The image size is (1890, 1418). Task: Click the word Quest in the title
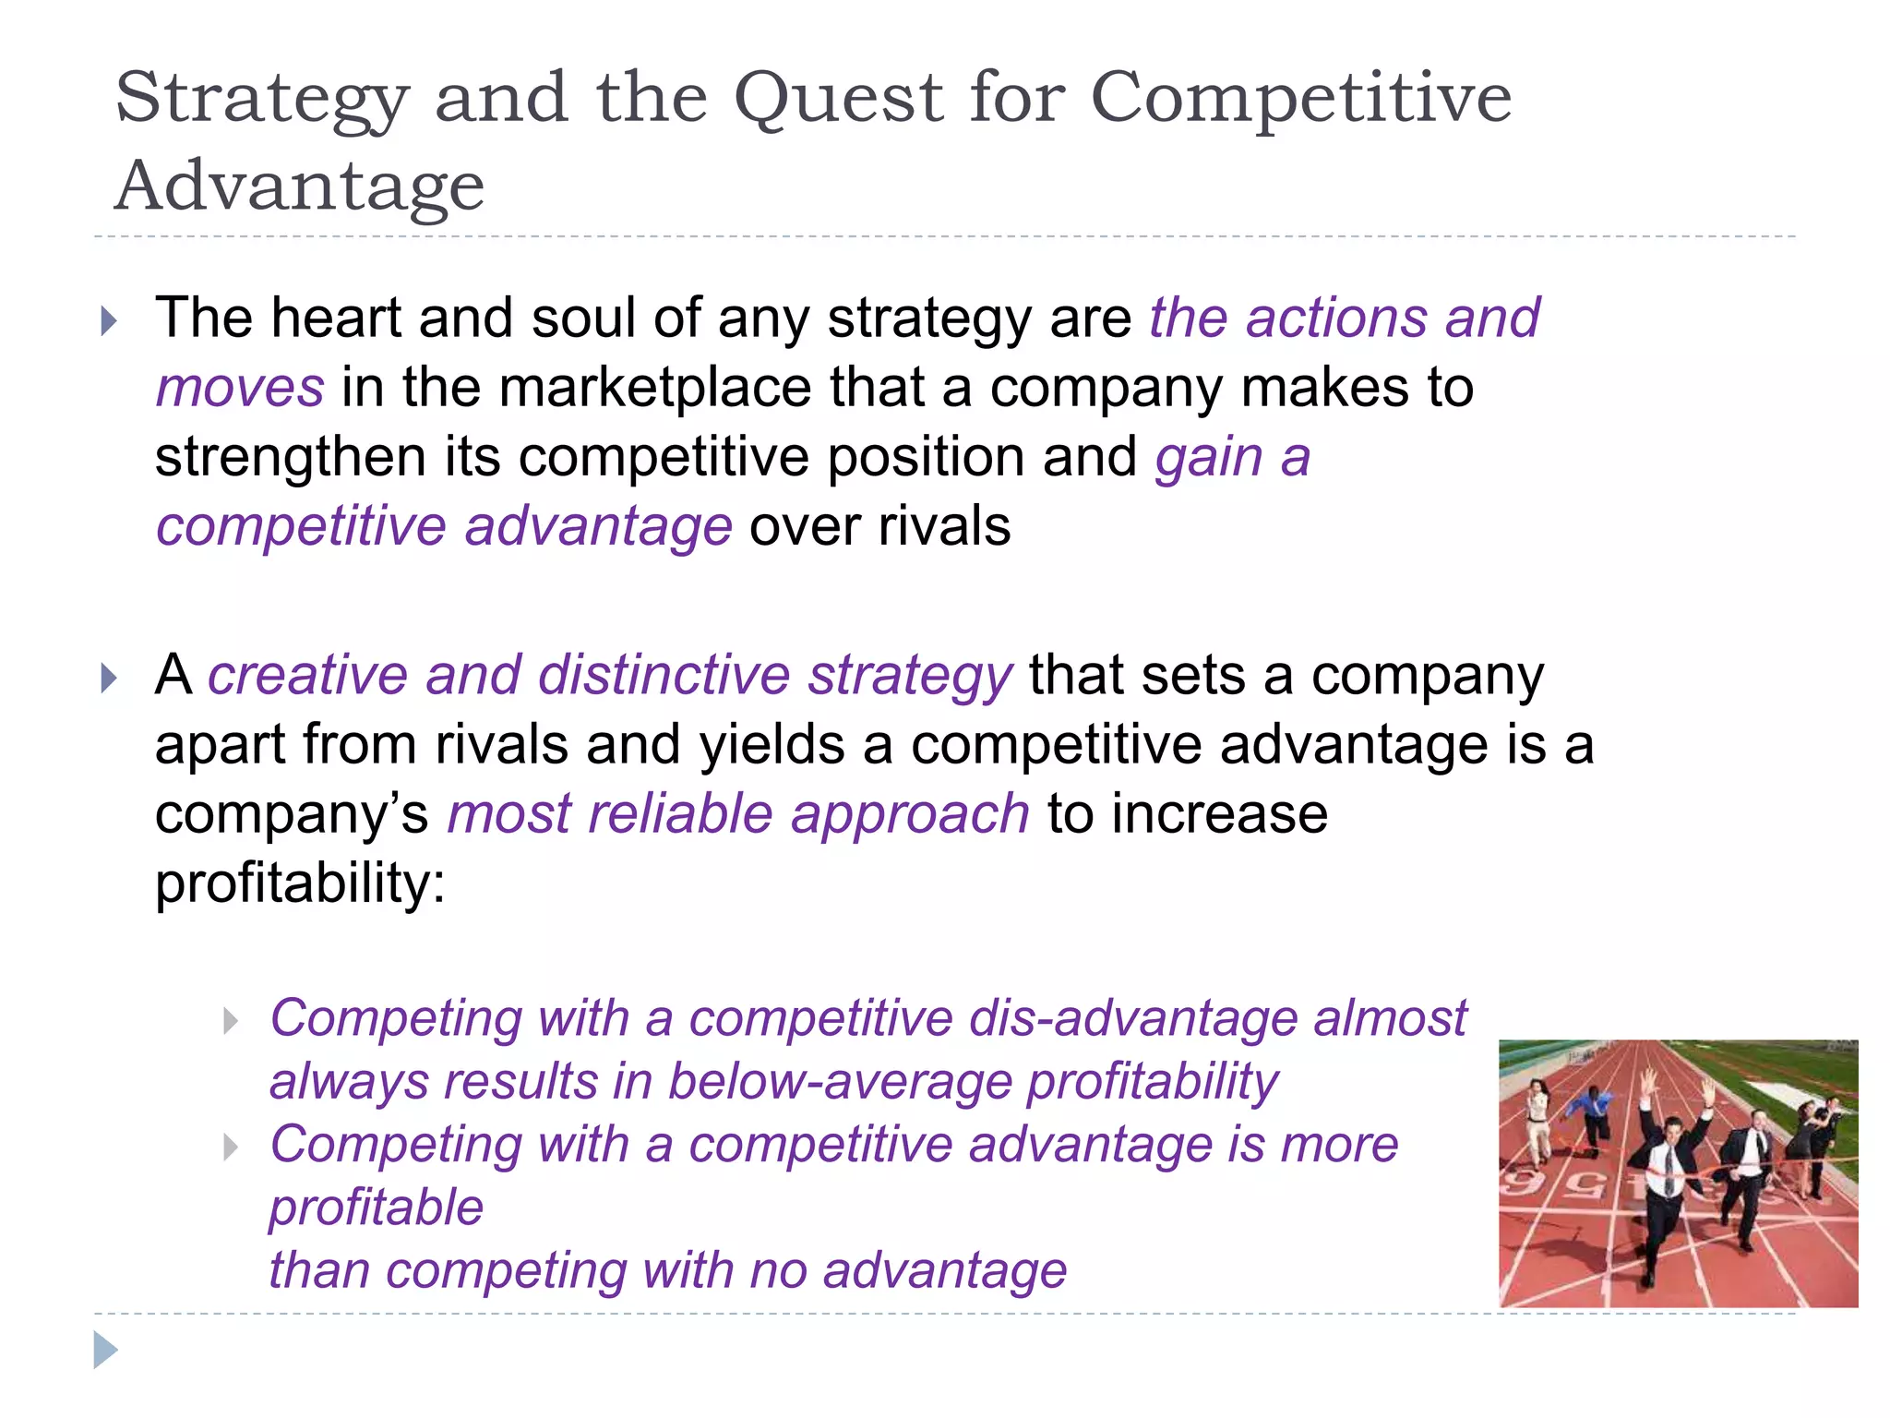838,98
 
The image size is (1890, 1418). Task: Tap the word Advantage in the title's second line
299,186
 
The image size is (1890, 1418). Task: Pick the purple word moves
240,388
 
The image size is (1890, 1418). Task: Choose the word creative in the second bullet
307,675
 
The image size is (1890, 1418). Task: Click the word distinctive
664,675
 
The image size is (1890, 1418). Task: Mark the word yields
772,745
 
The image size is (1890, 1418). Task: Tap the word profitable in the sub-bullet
376,1208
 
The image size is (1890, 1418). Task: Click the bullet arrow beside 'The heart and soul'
109,321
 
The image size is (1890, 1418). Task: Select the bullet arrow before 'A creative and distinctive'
109,679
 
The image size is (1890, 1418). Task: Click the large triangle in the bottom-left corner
105,1350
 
